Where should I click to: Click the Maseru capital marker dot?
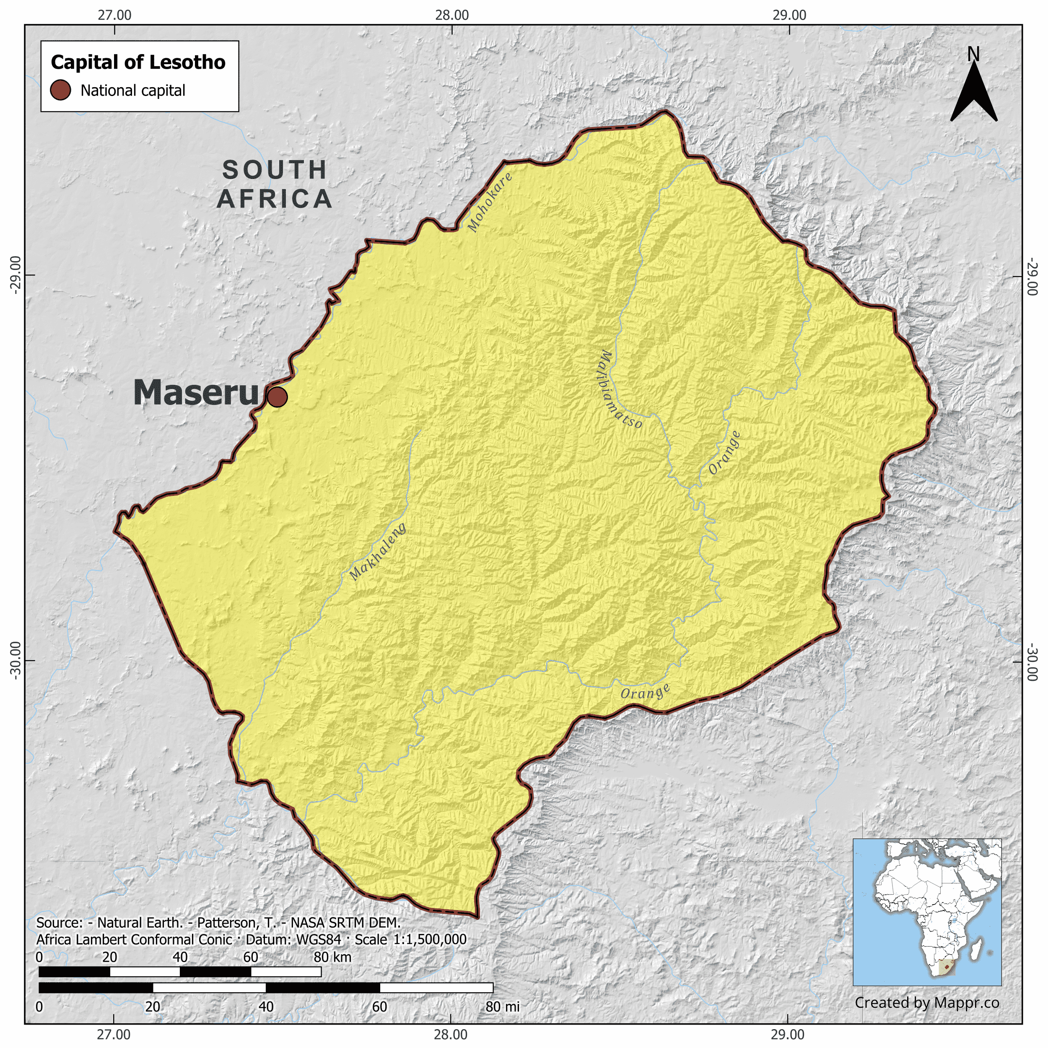pos(277,397)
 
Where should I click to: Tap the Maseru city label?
pos(196,393)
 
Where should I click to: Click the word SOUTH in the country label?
pos(275,170)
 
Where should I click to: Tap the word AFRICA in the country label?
pos(275,199)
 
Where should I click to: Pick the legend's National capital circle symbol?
pos(61,90)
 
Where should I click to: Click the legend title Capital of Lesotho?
pos(138,62)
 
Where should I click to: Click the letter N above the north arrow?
pos(973,54)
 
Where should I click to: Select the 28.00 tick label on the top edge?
pos(451,15)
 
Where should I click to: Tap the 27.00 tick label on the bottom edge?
pos(114,1034)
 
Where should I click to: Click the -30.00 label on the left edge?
pos(15,660)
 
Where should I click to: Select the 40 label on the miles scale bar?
pos(266,1007)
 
